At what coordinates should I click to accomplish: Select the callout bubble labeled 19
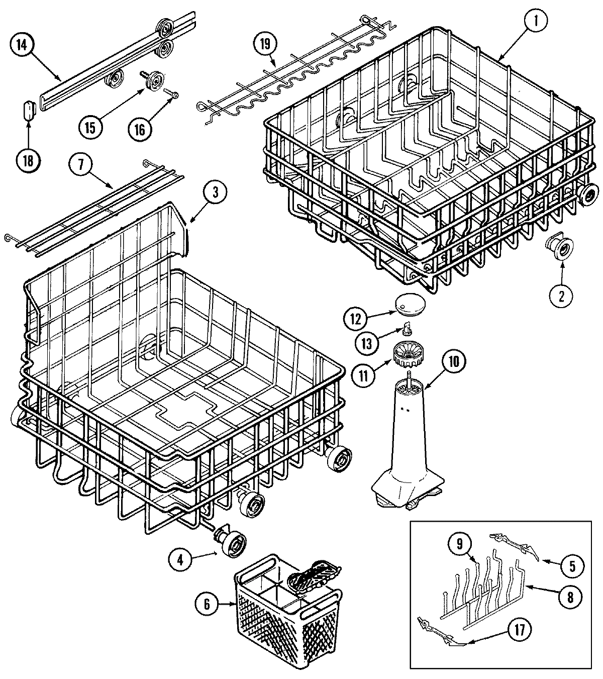pos(265,44)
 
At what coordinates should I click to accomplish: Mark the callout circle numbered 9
pos(463,543)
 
